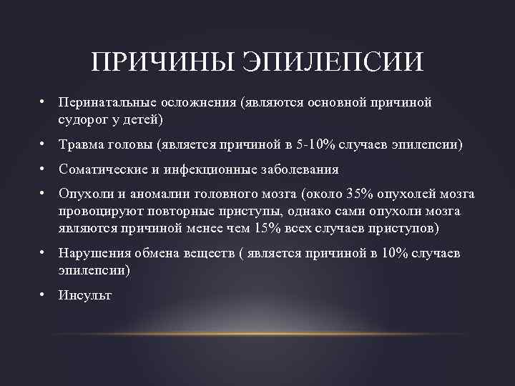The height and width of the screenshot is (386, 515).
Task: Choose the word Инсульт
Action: pyautogui.click(x=85, y=295)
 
